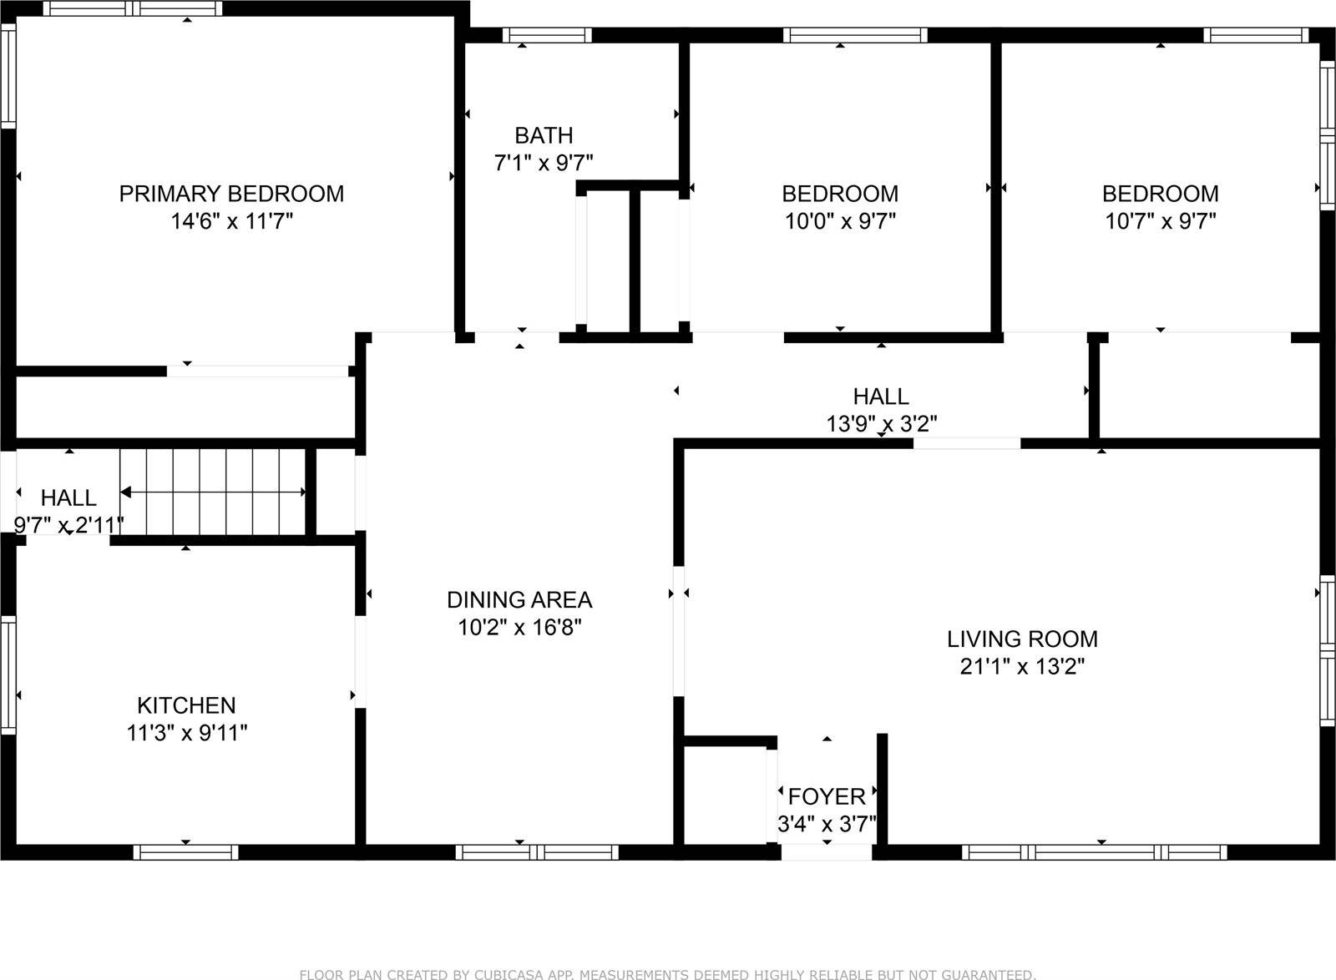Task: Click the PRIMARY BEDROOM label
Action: pyautogui.click(x=231, y=194)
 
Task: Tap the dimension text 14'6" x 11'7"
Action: pyautogui.click(x=231, y=221)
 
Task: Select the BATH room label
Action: pyautogui.click(x=544, y=135)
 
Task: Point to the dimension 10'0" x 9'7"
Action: pyautogui.click(x=840, y=221)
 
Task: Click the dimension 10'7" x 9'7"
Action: pyautogui.click(x=1160, y=221)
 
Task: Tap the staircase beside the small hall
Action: pyautogui.click(x=214, y=492)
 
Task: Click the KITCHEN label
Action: pyautogui.click(x=186, y=705)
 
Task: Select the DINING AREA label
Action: pyautogui.click(x=519, y=599)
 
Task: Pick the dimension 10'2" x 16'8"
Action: pyautogui.click(x=519, y=628)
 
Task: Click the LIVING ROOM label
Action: pyautogui.click(x=1022, y=639)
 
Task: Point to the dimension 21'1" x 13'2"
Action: pyautogui.click(x=1022, y=667)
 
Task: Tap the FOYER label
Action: pyautogui.click(x=827, y=796)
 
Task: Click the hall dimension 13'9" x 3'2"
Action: pyautogui.click(x=881, y=424)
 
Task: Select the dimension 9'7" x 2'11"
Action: pyautogui.click(x=68, y=525)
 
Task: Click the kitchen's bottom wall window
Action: pyautogui.click(x=185, y=852)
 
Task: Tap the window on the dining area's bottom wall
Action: pyautogui.click(x=537, y=852)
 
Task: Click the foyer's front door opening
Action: pyautogui.click(x=827, y=852)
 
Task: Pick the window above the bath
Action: pyautogui.click(x=547, y=35)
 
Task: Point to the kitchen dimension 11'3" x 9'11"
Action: pyautogui.click(x=186, y=733)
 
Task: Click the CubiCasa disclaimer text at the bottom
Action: pyautogui.click(x=667, y=974)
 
